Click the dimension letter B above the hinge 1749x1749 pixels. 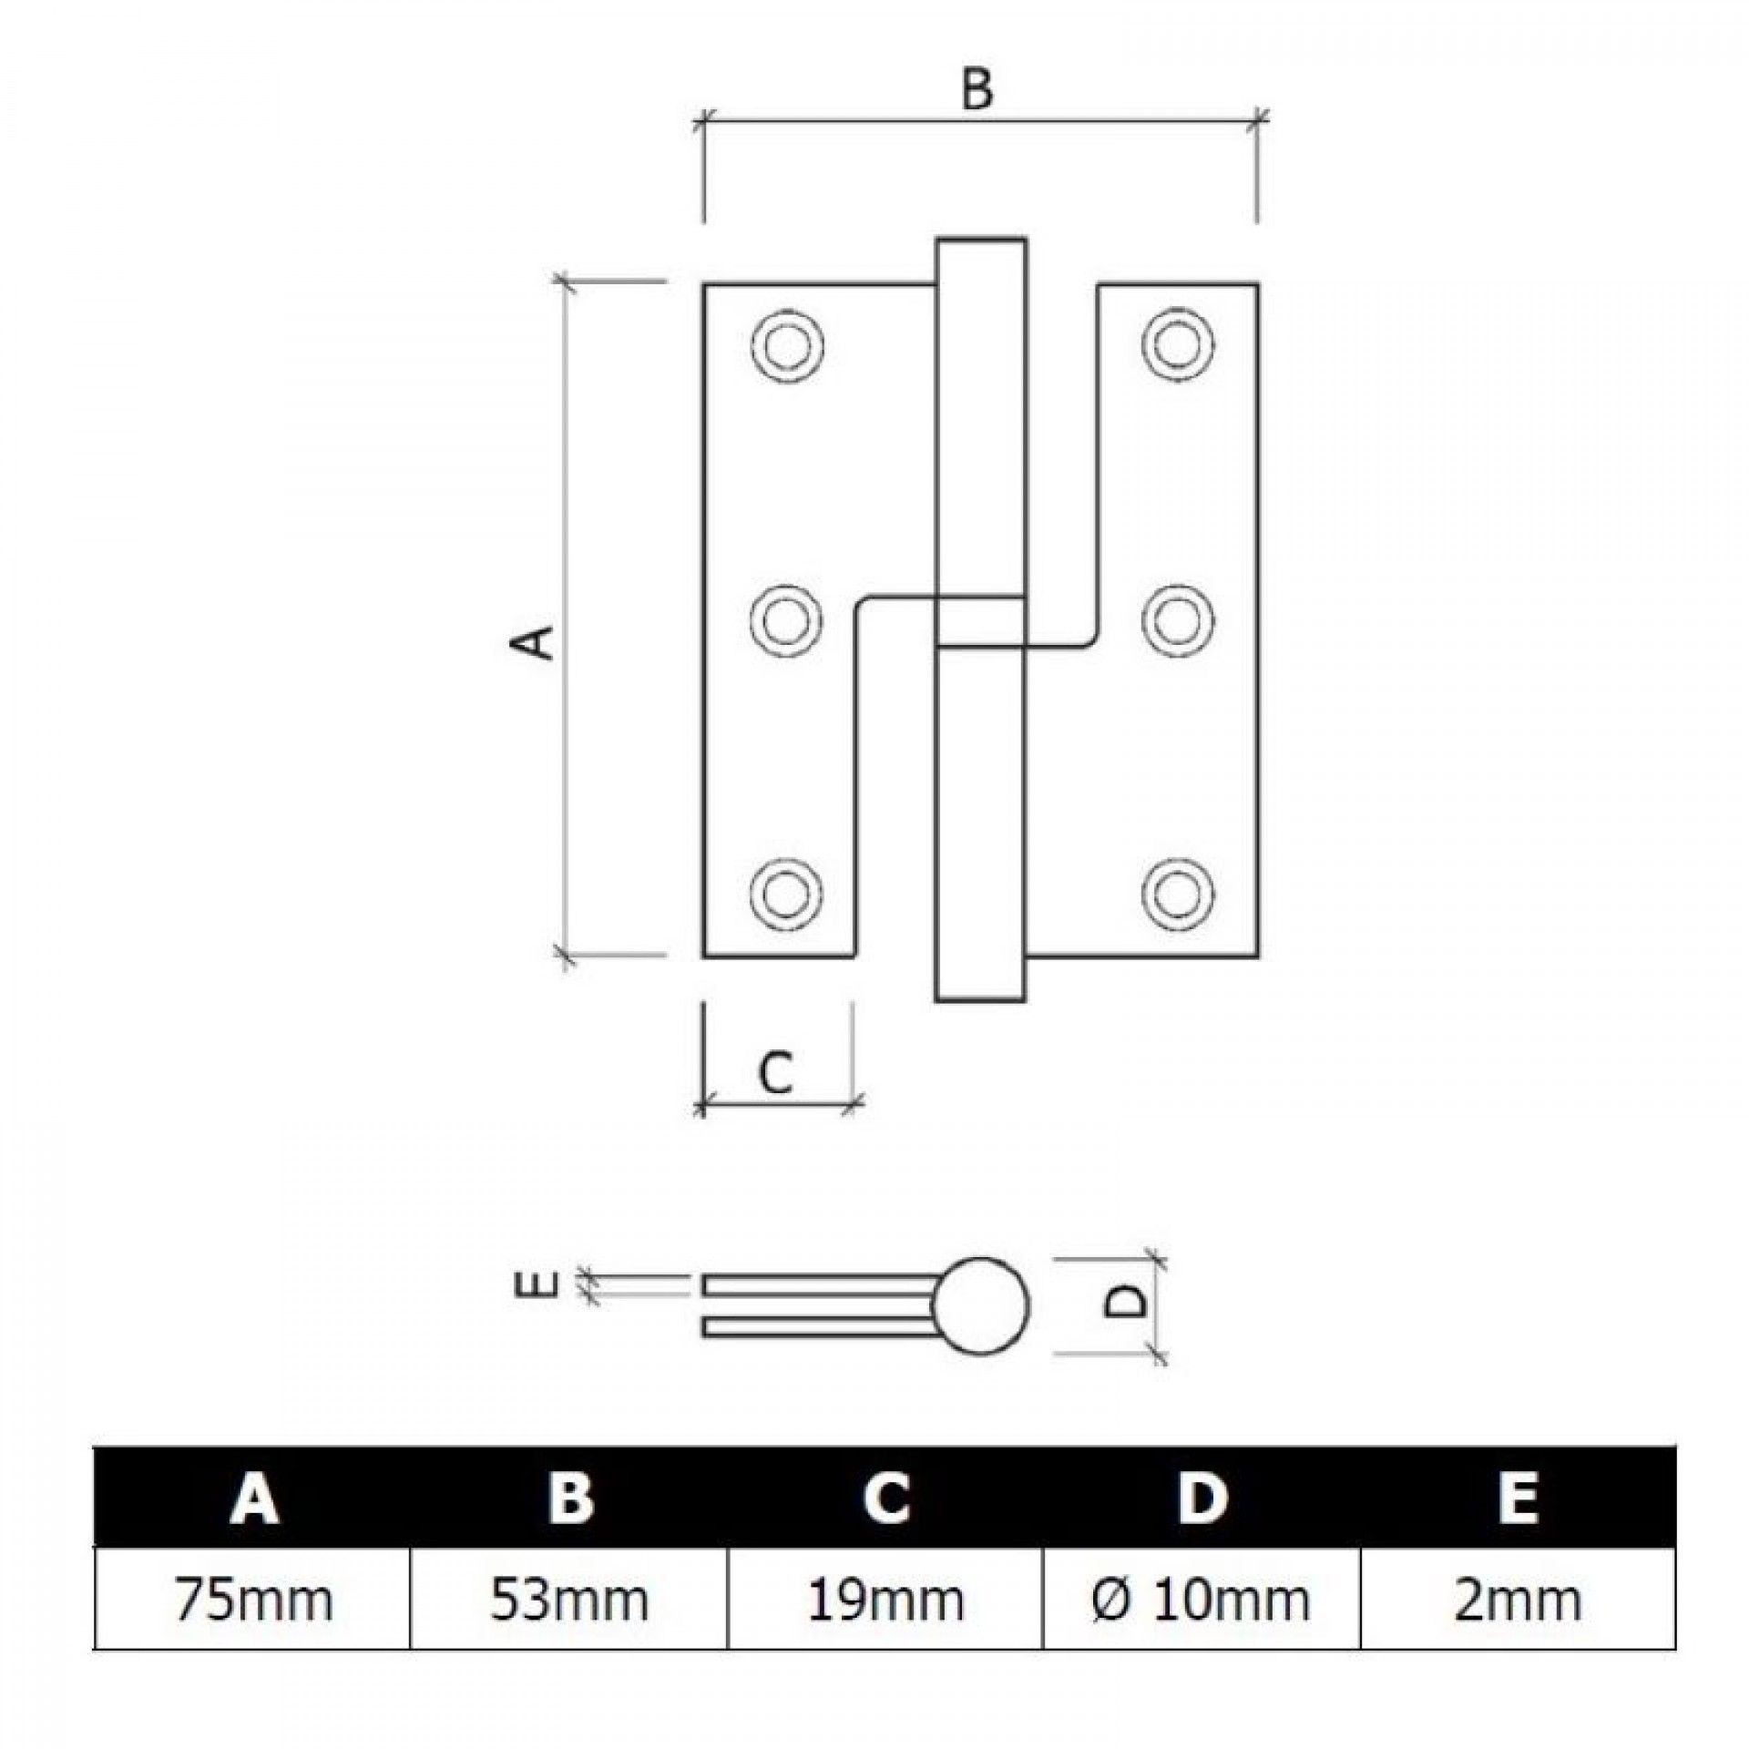pos(977,91)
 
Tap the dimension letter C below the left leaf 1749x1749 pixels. pos(776,1071)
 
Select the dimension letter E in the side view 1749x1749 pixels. pos(543,1283)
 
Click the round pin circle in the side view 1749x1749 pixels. pos(980,1305)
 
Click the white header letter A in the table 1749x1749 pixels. pos(254,1497)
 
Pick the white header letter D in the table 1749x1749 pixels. pos(1202,1497)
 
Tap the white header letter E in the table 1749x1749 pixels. pos(1517,1497)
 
